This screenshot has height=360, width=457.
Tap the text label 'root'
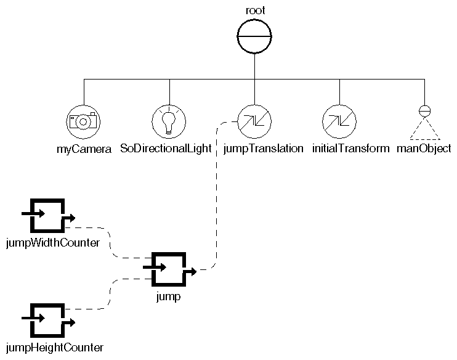254,10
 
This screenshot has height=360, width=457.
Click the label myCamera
83,149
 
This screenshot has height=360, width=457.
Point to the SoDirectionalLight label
169,149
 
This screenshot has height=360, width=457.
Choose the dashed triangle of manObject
424,130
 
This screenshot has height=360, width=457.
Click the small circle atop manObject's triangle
424,111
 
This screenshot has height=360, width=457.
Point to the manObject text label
424,149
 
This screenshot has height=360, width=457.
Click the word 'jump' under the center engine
168,297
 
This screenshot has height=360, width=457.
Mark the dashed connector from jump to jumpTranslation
215,197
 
